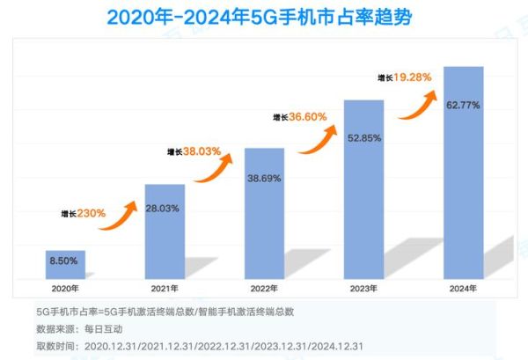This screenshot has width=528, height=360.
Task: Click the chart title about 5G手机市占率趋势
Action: (263, 18)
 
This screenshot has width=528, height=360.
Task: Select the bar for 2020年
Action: (65, 264)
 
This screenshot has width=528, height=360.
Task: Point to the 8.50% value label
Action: (65, 261)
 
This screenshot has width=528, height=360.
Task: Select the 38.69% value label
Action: (264, 178)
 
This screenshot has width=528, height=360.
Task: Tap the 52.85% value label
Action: (363, 136)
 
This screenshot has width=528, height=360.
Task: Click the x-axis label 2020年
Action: (65, 287)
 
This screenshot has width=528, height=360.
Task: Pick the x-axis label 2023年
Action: (363, 287)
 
